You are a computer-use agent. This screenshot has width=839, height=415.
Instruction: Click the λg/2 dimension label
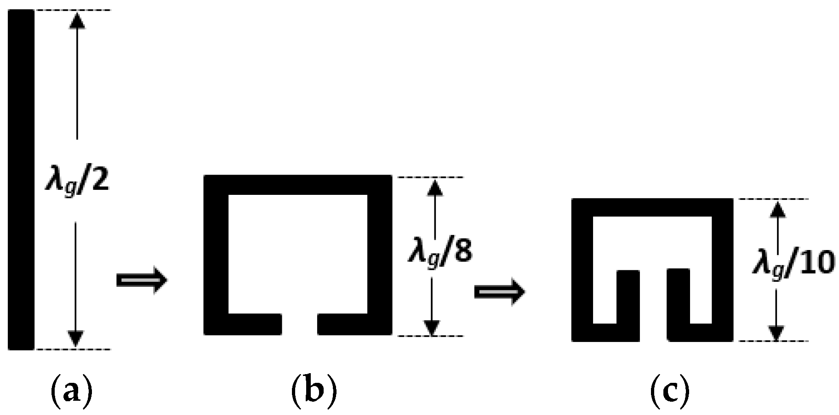point(77,181)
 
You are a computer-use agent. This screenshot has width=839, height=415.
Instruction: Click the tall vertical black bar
point(21,179)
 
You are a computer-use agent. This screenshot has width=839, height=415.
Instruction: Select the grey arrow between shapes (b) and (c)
point(499,292)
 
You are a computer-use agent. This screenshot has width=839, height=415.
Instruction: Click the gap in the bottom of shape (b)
point(299,324)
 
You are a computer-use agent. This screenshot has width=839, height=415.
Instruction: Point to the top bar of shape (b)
point(298,185)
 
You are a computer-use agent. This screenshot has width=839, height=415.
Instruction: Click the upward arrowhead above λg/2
point(77,21)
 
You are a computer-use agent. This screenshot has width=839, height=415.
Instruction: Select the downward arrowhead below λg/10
point(776,332)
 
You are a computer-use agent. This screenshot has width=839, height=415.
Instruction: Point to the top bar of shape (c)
point(652,207)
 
